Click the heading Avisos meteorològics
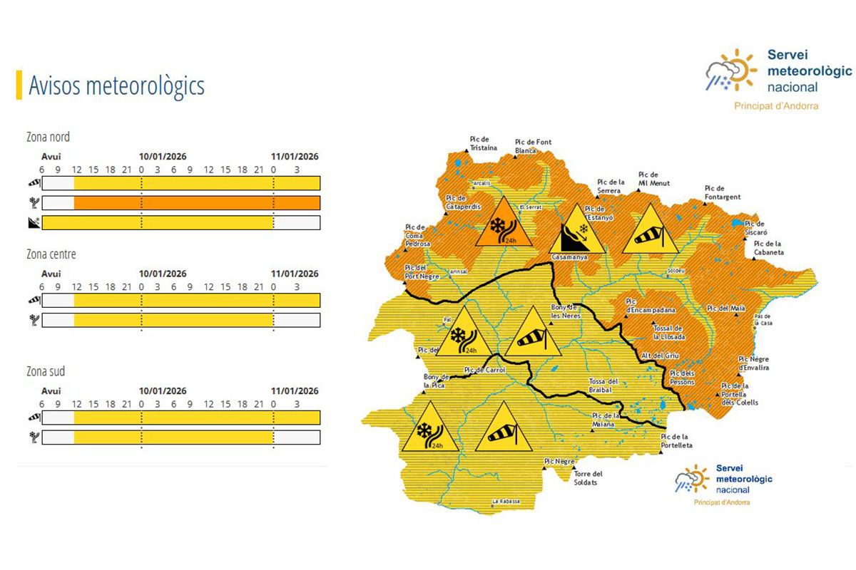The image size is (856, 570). coord(116,85)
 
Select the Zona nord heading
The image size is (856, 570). coord(48,137)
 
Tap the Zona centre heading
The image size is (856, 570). coord(51,254)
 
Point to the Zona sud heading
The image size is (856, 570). coord(45,372)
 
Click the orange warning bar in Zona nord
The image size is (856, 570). coord(196,203)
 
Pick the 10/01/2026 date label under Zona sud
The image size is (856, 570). coord(163,391)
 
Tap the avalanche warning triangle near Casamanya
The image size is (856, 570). coord(576,232)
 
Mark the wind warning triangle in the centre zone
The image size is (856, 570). coord(534,336)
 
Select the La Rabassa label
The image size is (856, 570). coord(506,502)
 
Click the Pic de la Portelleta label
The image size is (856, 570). coord(676,441)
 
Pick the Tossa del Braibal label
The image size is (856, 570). coord(607,385)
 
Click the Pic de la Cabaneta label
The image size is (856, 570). coord(768,248)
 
